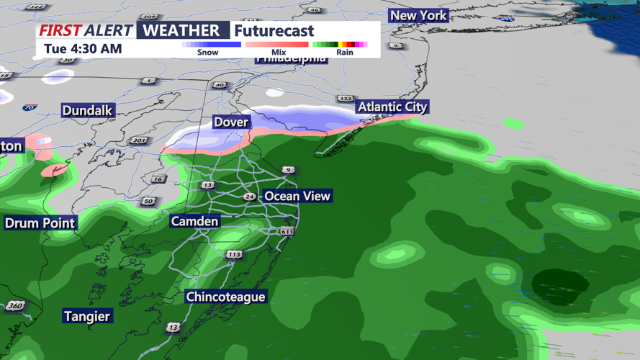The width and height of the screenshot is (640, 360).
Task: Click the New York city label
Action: pyautogui.click(x=418, y=15)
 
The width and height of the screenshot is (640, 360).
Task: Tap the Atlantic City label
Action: pyautogui.click(x=392, y=107)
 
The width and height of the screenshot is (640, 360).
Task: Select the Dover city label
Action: pyautogui.click(x=231, y=122)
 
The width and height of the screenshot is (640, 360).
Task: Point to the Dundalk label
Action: pyautogui.click(x=88, y=111)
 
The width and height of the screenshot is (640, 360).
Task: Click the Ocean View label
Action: pyautogui.click(x=297, y=196)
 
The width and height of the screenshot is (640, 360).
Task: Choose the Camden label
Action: pyautogui.click(x=194, y=221)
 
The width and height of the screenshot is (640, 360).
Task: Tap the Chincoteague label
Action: pyautogui.click(x=225, y=297)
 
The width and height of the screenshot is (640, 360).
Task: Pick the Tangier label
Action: pyautogui.click(x=87, y=316)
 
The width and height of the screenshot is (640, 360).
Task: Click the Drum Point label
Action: pyautogui.click(x=40, y=223)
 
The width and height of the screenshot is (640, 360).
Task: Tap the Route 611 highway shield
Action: pyautogui.click(x=287, y=231)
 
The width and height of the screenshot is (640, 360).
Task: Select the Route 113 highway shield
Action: pyautogui.click(x=234, y=255)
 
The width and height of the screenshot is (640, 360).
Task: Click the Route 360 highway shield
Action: pyautogui.click(x=15, y=306)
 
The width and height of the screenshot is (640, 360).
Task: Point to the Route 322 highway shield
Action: pyautogui.click(x=346, y=98)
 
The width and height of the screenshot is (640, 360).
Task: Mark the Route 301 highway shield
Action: pyautogui.click(x=139, y=140)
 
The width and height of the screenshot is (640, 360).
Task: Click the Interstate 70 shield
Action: pyautogui.click(x=30, y=108)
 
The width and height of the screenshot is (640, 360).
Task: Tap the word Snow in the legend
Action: pyautogui.click(x=207, y=53)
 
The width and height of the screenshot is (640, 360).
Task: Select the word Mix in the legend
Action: pyautogui.click(x=279, y=53)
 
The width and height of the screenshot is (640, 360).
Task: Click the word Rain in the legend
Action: pyautogui.click(x=345, y=53)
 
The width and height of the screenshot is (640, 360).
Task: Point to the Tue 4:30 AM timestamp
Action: pyautogui.click(x=83, y=49)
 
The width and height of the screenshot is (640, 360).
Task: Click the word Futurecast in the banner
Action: pyautogui.click(x=274, y=31)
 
